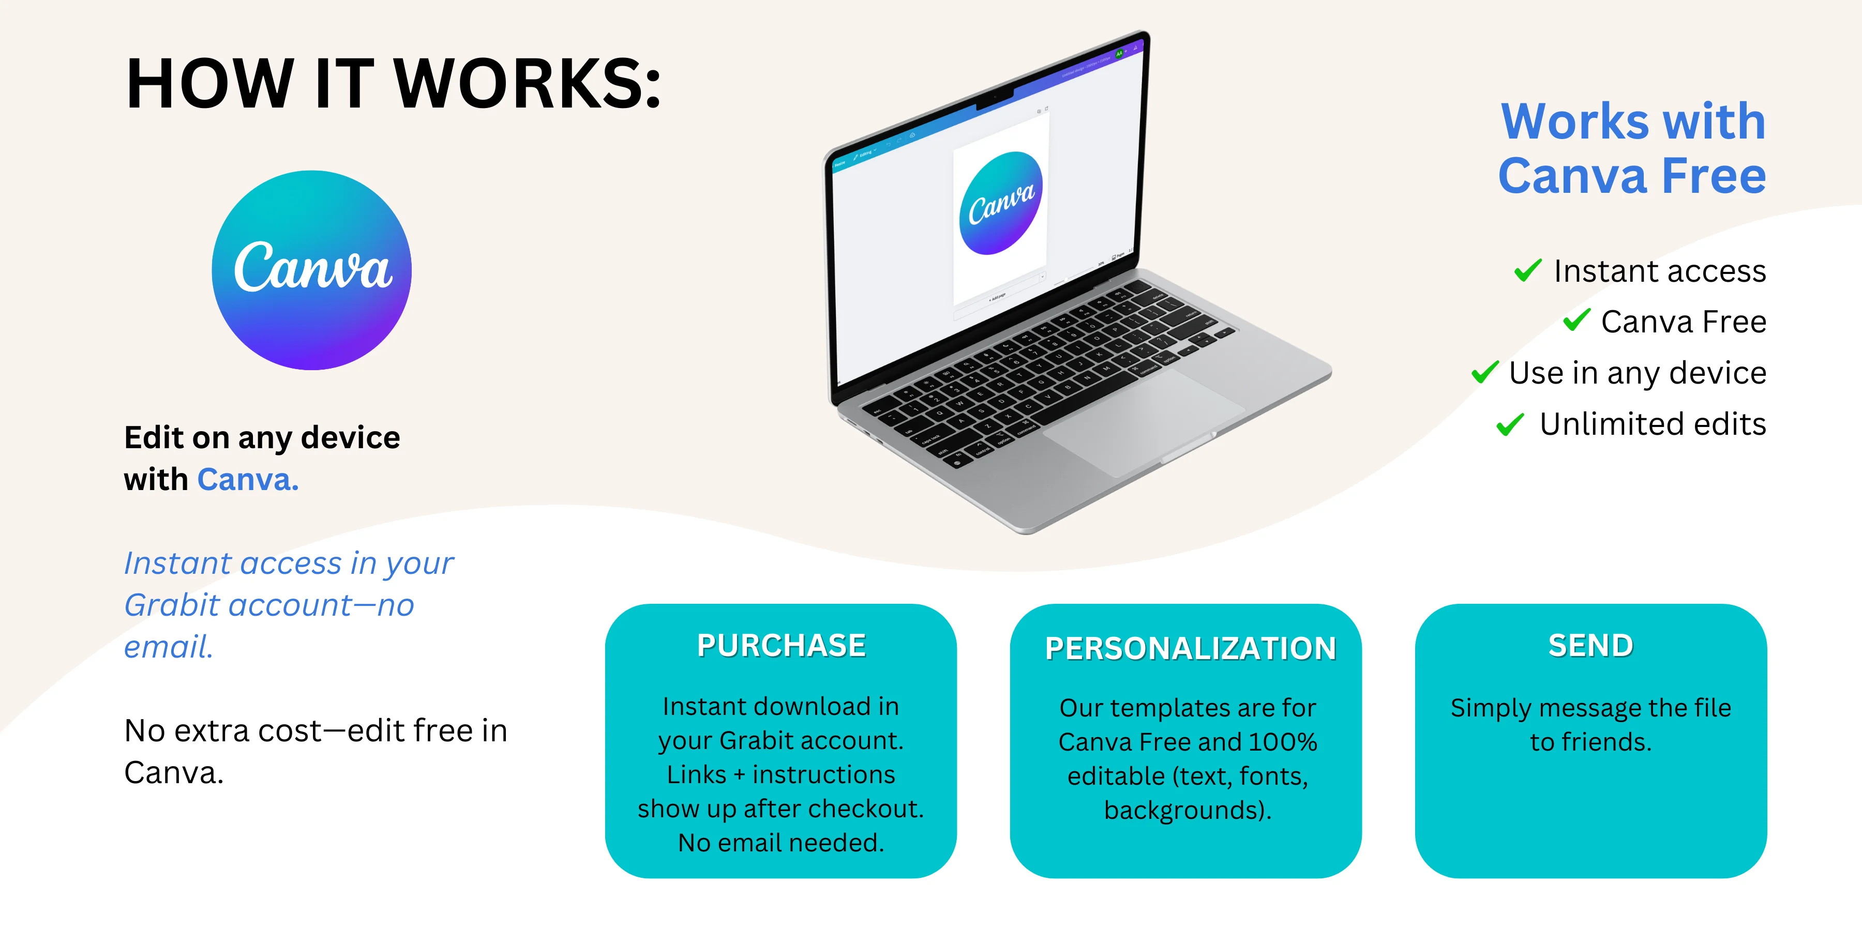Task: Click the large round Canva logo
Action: click(311, 270)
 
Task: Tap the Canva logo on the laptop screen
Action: click(1001, 203)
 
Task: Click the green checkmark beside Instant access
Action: click(1528, 270)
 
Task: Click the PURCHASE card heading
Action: click(782, 645)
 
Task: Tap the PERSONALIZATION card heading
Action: click(1191, 648)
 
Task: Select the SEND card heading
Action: click(1591, 645)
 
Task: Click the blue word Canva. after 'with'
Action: click(248, 479)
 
